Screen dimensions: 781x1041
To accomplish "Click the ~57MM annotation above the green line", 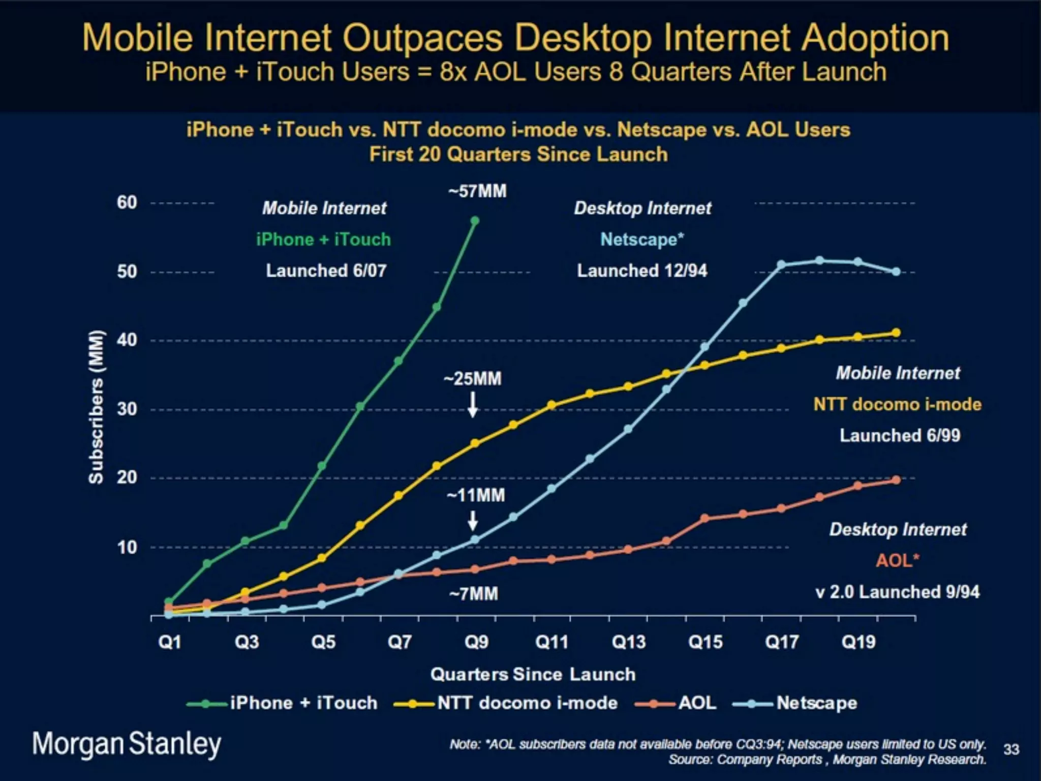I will tap(477, 192).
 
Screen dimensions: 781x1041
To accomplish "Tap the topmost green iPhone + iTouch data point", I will tap(475, 221).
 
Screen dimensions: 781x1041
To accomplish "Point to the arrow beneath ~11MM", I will tap(473, 521).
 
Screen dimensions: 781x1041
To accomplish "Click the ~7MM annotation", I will tap(473, 594).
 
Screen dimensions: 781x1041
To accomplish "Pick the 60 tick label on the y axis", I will tap(127, 202).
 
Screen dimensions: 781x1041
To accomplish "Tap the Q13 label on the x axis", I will tap(629, 642).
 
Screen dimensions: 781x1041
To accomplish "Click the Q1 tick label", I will tap(170, 642).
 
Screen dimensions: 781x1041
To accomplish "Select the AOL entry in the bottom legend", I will tap(697, 703).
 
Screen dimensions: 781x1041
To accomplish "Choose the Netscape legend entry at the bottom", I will tap(816, 703).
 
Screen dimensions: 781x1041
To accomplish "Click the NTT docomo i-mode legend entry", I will tap(527, 703).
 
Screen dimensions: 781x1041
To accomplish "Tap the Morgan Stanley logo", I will tap(127, 744).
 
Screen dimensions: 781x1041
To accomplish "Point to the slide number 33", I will tap(1012, 749).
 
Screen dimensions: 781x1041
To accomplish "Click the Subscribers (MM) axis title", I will tap(96, 407).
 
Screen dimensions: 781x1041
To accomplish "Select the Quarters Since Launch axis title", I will tap(533, 674).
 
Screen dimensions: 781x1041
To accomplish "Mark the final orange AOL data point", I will tap(896, 480).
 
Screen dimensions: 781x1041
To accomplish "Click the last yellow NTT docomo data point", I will tap(896, 333).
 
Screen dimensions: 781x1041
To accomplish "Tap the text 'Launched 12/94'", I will tap(642, 271).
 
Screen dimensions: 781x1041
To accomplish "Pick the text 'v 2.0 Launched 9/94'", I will tap(898, 592).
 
